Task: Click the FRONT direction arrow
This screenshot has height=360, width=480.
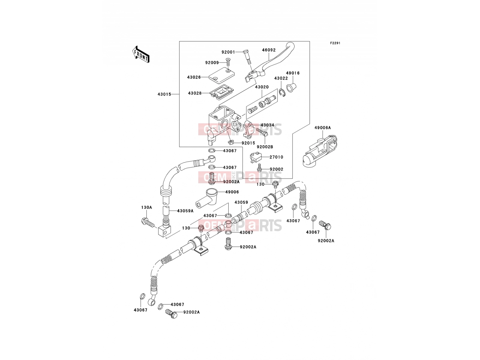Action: pos(141,54)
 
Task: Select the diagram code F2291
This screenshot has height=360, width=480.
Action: pos(335,43)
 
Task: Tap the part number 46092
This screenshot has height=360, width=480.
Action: pos(269,50)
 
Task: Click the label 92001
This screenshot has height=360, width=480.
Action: pos(228,52)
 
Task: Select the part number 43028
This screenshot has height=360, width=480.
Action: pos(195,93)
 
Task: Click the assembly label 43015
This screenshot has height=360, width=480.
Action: pos(164,94)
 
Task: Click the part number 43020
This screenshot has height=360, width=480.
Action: pos(262,87)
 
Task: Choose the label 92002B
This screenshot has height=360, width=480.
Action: pos(265,147)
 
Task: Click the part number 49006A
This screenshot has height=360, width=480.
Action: pos(322,128)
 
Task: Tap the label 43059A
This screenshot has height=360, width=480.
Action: pos(185,211)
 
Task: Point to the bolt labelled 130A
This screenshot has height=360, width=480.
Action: pos(148,223)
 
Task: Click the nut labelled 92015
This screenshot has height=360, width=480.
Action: pos(231,142)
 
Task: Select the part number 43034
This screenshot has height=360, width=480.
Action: pos(267,125)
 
